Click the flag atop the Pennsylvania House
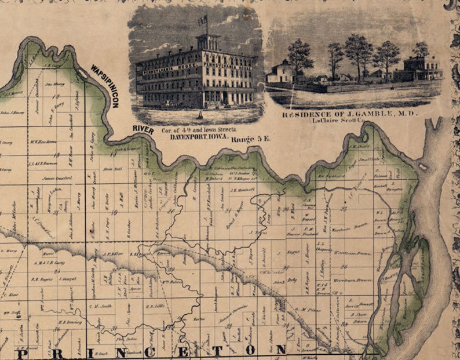coord(203,21)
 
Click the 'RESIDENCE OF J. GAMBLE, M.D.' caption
coord(350,114)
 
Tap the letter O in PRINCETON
coord(250,350)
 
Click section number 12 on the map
coord(58,157)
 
